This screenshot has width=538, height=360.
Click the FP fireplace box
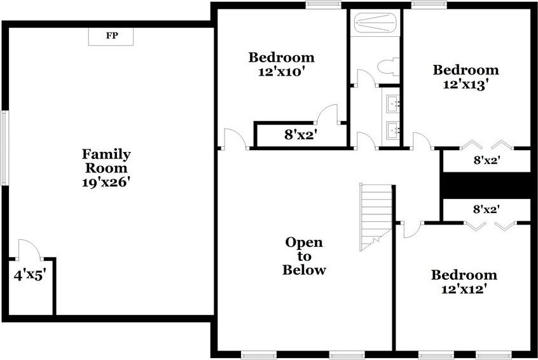pos(111,36)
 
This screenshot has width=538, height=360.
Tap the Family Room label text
pos(106,161)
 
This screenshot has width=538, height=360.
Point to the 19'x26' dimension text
pos(106,182)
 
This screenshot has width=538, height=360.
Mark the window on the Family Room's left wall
pos(4,148)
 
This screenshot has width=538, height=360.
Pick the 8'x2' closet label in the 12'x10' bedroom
pos(300,135)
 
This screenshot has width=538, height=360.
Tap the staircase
pos(376,215)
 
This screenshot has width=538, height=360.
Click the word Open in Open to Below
pos(303,242)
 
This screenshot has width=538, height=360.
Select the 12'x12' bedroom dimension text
pos(464,289)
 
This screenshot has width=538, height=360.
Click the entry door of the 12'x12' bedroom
pos(411,229)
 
